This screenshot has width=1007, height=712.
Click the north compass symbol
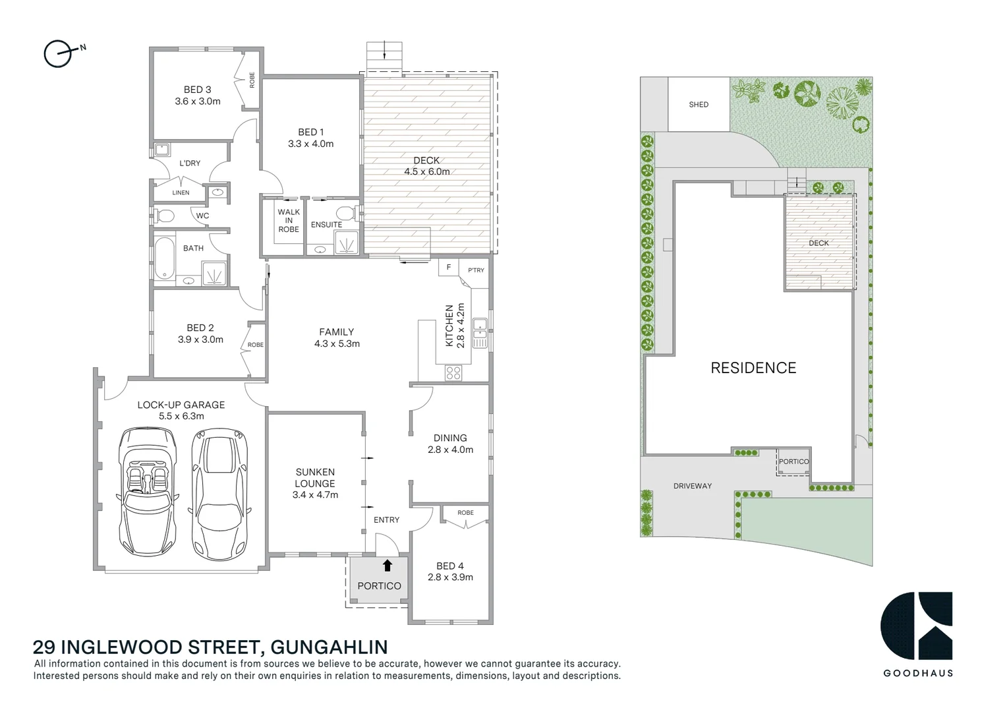57,53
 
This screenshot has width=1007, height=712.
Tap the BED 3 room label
197,90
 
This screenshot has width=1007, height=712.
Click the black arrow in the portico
387,566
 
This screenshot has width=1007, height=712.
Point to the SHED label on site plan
699,105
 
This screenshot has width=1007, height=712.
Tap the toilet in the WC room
164,215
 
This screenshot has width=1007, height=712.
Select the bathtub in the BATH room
164,258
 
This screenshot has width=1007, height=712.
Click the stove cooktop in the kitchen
453,372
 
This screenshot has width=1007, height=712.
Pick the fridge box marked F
449,268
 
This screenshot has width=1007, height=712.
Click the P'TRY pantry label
476,270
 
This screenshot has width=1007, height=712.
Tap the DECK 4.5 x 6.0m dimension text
427,172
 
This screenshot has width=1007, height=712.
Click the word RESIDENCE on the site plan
753,368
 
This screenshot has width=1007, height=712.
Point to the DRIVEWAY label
693,486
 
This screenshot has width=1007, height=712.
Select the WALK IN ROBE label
289,221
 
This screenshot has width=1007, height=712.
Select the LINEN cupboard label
181,193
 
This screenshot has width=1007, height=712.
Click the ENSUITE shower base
348,244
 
